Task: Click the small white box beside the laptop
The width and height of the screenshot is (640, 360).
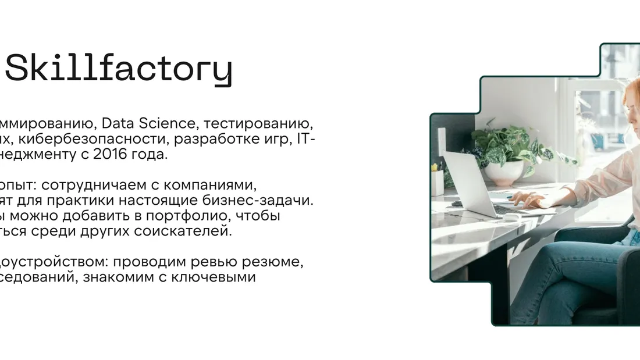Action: [x=438, y=182]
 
